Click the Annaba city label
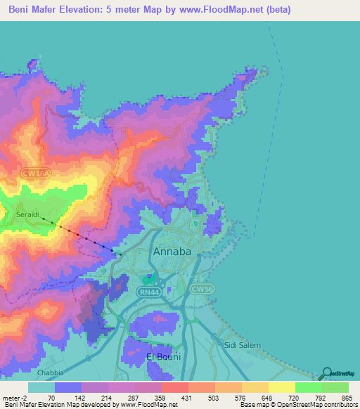tap(172, 251)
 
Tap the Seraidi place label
tap(30, 215)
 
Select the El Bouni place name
tap(163, 356)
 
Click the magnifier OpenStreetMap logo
tap(327, 372)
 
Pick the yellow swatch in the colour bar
tap(282, 387)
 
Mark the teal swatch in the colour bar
tap(41, 387)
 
